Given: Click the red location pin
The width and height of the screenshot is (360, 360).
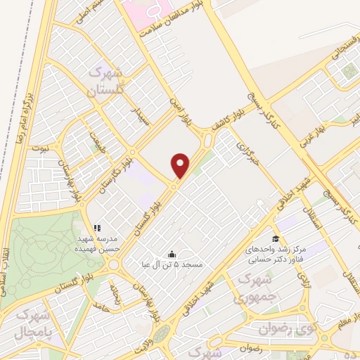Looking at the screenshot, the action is (181, 165).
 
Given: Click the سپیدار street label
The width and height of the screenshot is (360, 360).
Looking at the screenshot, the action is (143, 113).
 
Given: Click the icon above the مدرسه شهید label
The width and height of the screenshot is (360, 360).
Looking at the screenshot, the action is (97, 228).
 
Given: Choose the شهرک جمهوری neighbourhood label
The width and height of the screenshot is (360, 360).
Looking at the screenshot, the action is (255, 286).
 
